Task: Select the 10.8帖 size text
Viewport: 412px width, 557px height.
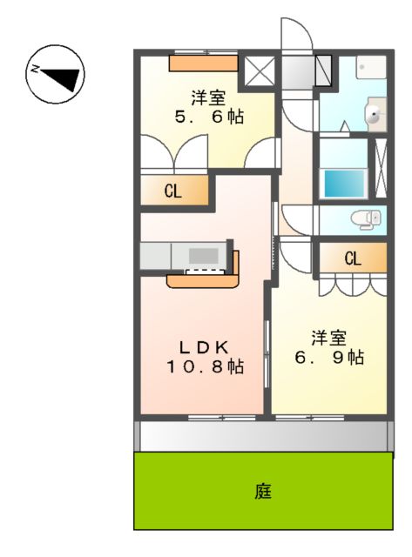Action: tap(205, 367)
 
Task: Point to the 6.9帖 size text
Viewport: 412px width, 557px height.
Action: tap(328, 357)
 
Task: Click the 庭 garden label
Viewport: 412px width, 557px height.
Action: tap(263, 492)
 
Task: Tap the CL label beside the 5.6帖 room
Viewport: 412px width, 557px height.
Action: tap(174, 192)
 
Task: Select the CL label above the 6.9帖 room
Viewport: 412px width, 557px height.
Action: tap(352, 258)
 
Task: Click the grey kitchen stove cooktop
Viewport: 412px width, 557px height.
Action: tap(205, 255)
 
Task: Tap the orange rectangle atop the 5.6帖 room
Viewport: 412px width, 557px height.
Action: tap(202, 62)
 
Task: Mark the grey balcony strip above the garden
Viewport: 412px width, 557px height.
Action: tap(263, 435)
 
